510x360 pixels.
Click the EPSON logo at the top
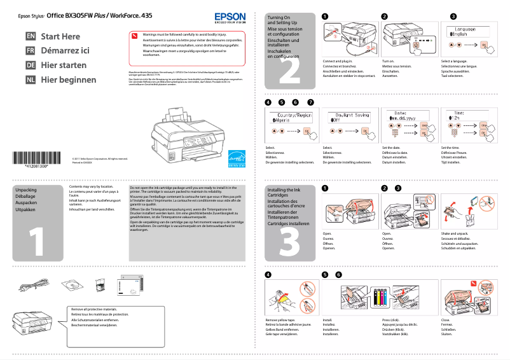tap(227, 18)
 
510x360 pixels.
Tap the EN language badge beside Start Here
tap(30, 37)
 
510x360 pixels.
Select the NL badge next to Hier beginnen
tap(30, 80)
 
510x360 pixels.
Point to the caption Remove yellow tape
tap(280, 321)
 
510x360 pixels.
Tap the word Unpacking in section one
tap(26, 190)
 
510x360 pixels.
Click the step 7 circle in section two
tap(310, 102)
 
